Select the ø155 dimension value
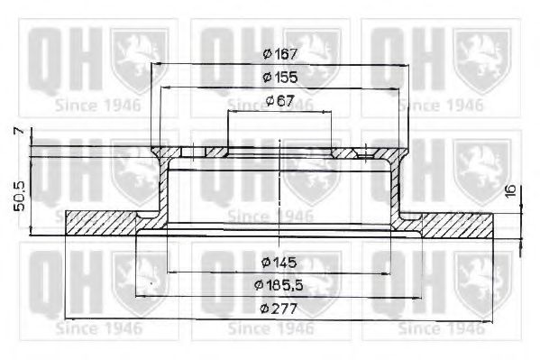(x=280, y=78)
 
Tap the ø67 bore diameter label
(x=280, y=100)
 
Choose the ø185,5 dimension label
(x=279, y=286)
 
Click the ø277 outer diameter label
(x=279, y=309)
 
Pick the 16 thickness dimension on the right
(x=510, y=191)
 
